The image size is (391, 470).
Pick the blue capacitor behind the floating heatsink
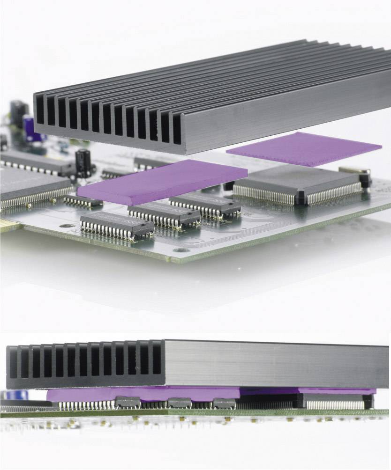29,129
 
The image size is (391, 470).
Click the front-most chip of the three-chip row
116,224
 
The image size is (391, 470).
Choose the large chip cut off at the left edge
28,185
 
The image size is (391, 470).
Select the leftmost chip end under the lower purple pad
128,402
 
